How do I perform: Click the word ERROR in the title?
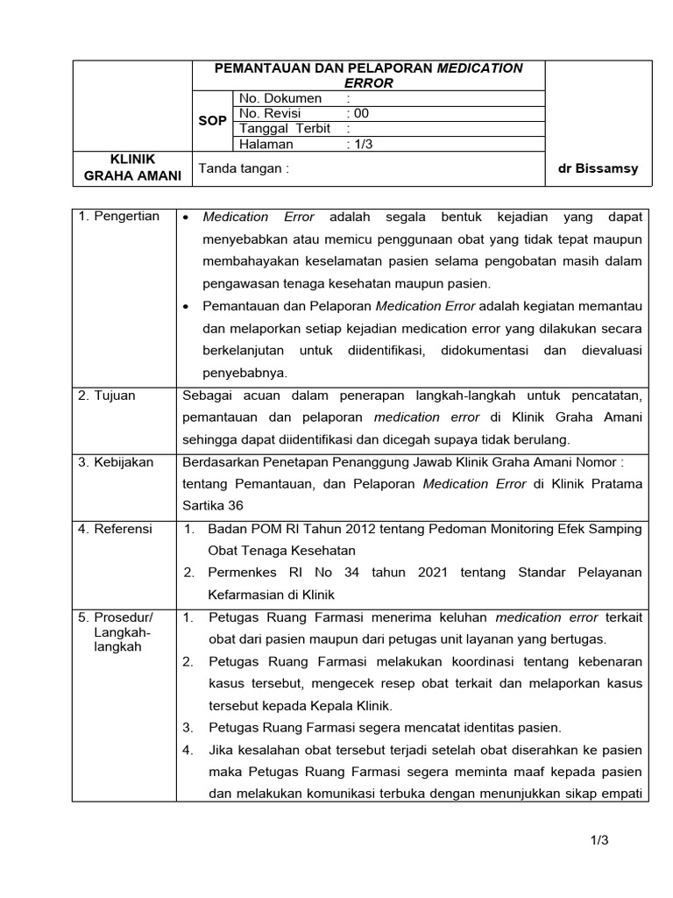[x=368, y=82]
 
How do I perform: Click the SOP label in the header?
[x=212, y=121]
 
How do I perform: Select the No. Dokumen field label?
[x=280, y=98]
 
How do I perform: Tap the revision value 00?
[x=358, y=113]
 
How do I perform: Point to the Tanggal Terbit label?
[x=284, y=128]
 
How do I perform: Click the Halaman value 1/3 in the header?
[x=359, y=144]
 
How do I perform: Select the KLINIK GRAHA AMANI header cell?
[x=132, y=167]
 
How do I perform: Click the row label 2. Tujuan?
[x=107, y=396]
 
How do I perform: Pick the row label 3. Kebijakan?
[x=117, y=462]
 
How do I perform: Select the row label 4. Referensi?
[x=115, y=529]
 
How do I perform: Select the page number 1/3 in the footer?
[x=599, y=840]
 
